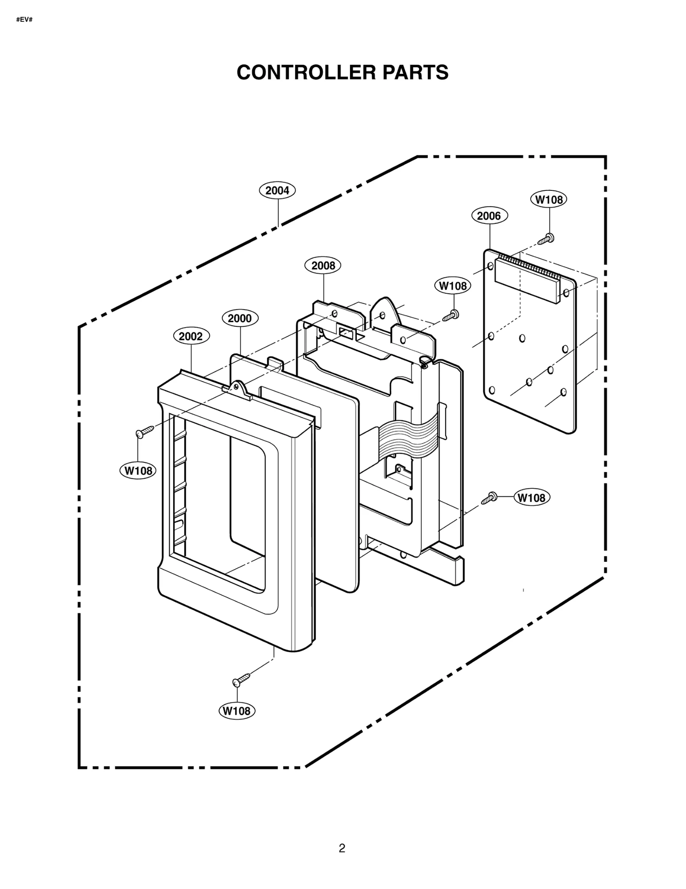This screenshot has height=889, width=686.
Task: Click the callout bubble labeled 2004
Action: tap(277, 190)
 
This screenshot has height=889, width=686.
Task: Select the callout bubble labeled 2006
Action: tap(489, 216)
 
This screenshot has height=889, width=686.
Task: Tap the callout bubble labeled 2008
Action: tap(322, 265)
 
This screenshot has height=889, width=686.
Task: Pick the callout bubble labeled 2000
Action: tap(240, 318)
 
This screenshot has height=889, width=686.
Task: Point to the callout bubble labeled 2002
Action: tap(191, 336)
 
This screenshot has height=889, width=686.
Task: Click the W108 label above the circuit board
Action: tap(548, 199)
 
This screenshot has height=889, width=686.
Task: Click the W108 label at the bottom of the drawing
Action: tap(237, 711)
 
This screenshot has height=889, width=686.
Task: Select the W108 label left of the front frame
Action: tap(138, 471)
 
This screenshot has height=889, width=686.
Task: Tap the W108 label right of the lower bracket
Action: tap(531, 497)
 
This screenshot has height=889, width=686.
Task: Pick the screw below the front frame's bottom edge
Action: tap(241, 680)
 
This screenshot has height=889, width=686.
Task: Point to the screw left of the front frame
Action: tap(144, 431)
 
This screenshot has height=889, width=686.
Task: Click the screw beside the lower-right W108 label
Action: tap(489, 498)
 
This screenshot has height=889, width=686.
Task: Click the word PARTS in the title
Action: tap(415, 72)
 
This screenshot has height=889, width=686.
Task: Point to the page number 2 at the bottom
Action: tap(342, 848)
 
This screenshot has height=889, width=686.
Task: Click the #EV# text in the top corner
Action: tap(24, 20)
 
